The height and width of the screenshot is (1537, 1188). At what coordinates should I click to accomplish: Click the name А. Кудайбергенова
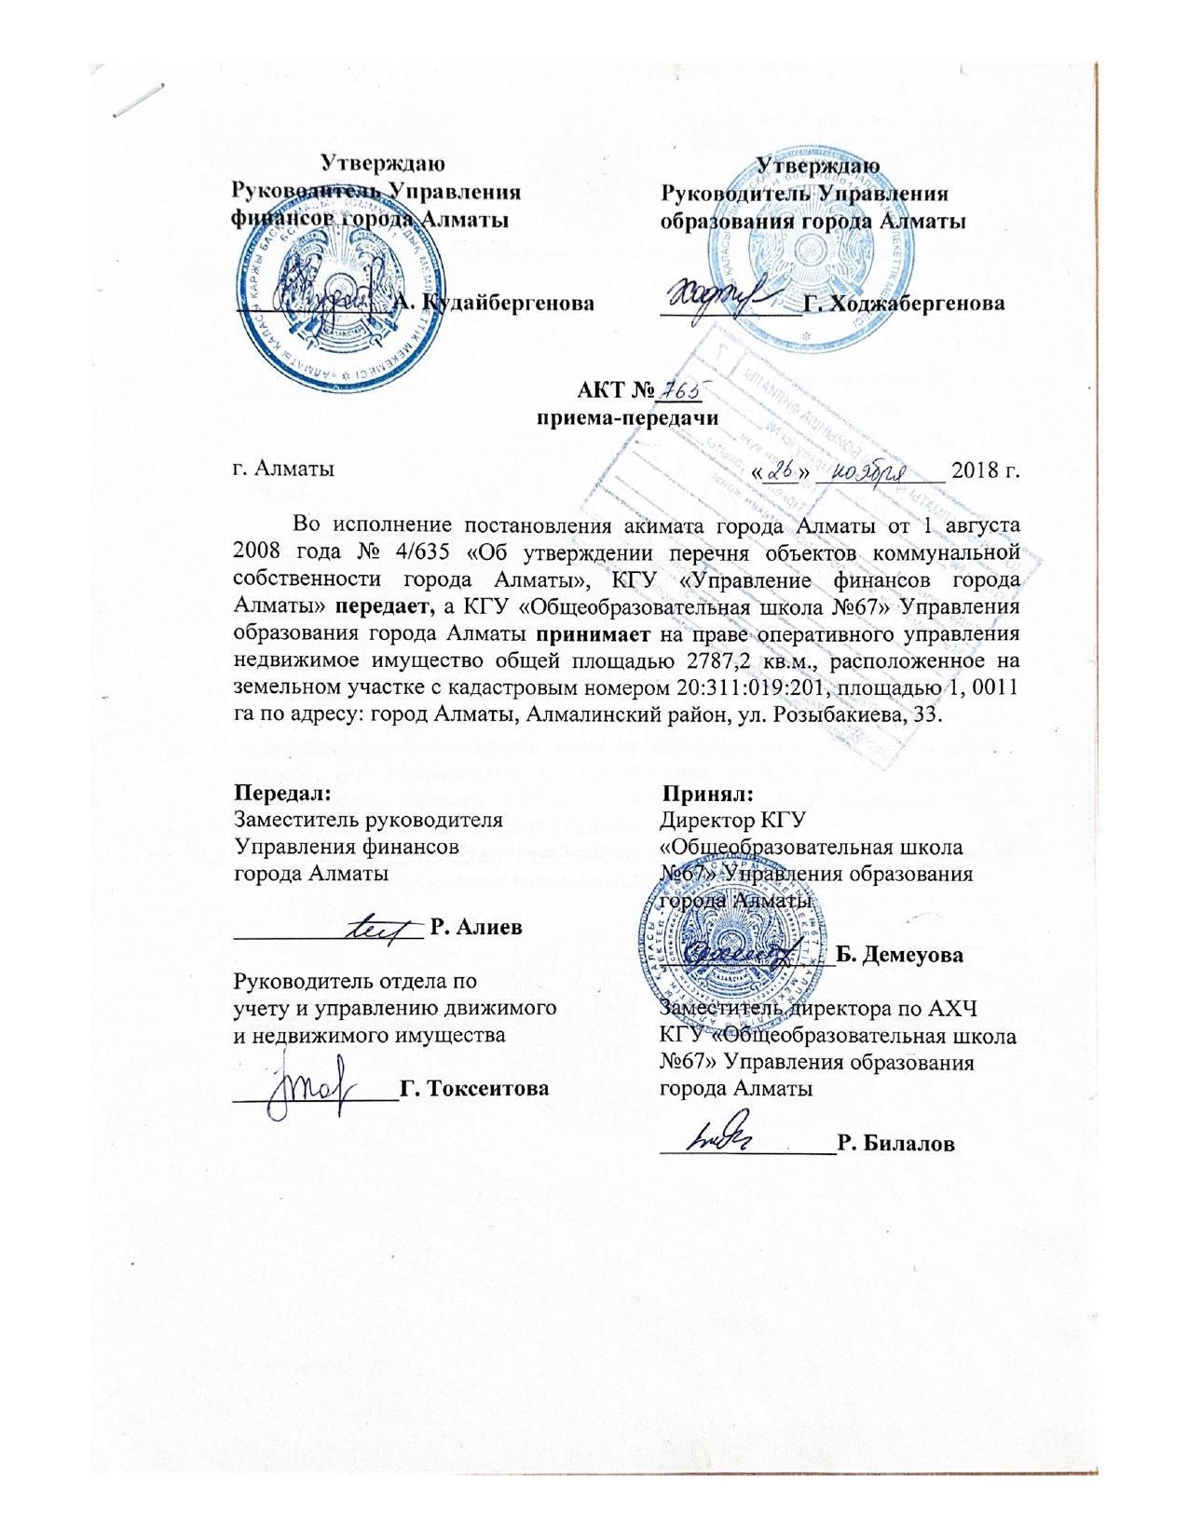coord(493,303)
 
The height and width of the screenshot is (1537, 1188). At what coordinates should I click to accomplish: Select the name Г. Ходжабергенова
coord(904,304)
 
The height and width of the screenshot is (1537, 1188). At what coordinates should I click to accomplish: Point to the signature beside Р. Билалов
coord(727,1135)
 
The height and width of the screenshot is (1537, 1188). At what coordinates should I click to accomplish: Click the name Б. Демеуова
coord(900,955)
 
